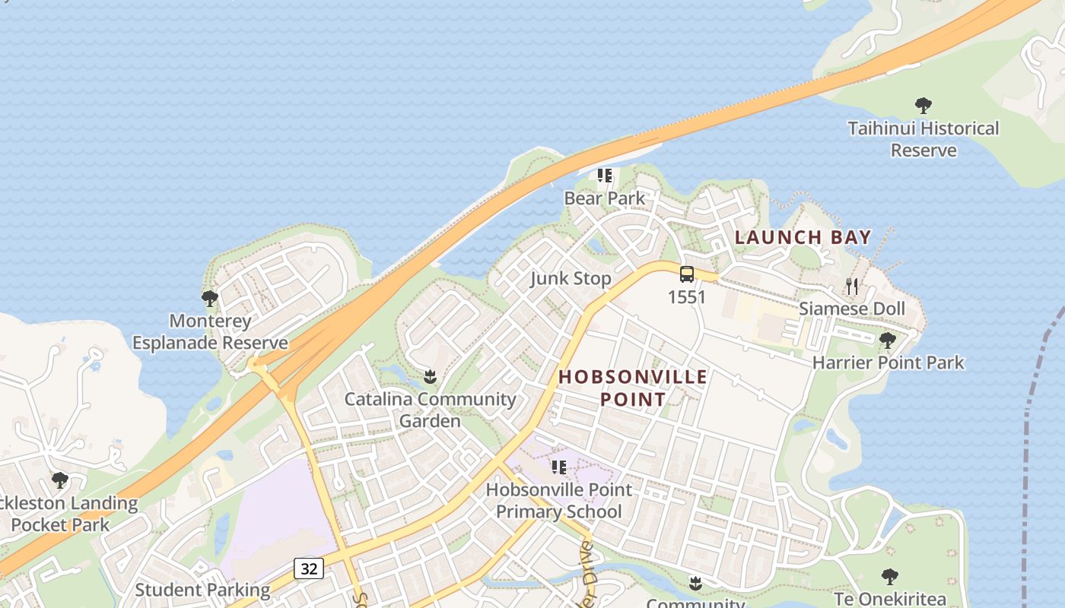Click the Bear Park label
coord(604,198)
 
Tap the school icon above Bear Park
coord(605,176)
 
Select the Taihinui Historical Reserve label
coord(924,139)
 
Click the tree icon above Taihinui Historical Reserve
coord(924,106)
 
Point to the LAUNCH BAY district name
coord(803,237)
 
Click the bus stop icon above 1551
coord(687,275)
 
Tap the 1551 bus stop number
coord(687,297)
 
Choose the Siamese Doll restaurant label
coord(852,309)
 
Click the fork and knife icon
coord(852,287)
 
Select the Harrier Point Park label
coord(888,363)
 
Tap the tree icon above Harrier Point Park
coord(888,340)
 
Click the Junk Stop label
coord(571,279)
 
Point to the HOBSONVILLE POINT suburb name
coord(633,388)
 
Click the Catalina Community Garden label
coord(430,410)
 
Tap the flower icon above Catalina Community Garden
coord(430,376)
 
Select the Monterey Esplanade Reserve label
coord(210,331)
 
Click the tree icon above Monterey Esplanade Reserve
coord(210,299)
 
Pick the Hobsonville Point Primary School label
coord(559,501)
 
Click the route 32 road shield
coord(309,568)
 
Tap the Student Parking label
coord(202,590)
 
